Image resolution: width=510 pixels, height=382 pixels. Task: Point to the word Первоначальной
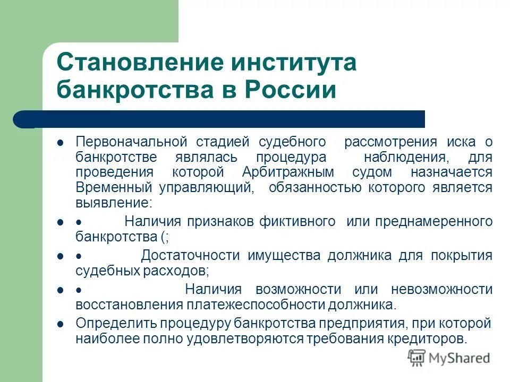(x=132, y=142)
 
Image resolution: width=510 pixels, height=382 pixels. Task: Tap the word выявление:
(x=114, y=203)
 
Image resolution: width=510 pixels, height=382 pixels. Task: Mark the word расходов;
(x=177, y=271)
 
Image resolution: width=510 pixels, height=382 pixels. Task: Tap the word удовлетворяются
(x=248, y=338)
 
